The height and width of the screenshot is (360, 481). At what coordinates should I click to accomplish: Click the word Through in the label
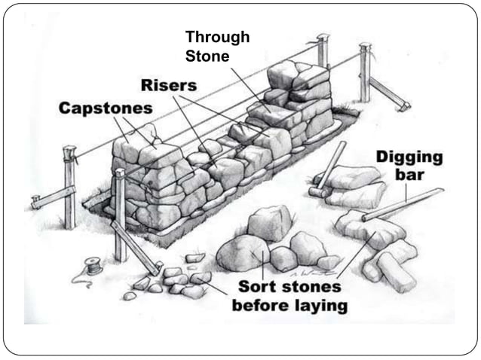point(217,37)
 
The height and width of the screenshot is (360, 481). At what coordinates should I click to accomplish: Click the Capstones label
point(106,108)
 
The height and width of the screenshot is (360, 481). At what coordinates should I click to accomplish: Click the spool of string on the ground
point(93,266)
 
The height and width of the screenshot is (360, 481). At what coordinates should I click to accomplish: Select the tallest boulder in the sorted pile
point(269,223)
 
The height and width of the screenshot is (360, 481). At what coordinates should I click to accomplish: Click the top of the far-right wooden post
point(366,47)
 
